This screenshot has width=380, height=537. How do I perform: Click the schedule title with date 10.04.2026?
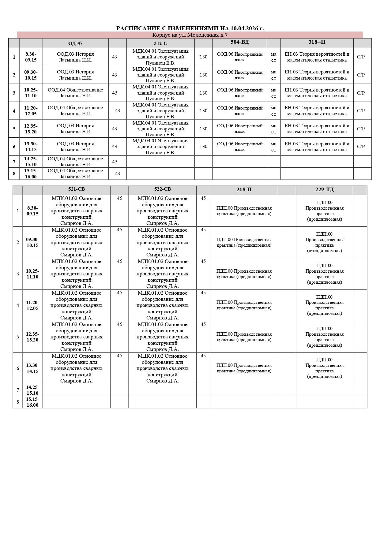coord(190,28)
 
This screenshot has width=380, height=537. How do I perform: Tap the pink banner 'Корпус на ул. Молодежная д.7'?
coord(190,35)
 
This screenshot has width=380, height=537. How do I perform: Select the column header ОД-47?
coord(75,43)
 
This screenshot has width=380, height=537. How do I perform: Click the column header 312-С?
coord(160,43)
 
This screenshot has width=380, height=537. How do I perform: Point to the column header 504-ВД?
coord(239,42)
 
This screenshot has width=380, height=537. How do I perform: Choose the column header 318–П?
coord(317,42)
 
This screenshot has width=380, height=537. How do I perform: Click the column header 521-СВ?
coord(76,189)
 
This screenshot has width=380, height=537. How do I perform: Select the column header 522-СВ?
coord(162,189)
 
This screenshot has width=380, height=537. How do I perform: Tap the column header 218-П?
coord(244,190)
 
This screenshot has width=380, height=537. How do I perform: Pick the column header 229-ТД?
coord(325,190)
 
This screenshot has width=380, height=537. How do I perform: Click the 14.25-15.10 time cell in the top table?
coord(31,162)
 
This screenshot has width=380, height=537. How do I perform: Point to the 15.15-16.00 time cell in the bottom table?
coord(32,402)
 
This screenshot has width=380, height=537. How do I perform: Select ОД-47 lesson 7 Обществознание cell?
coord(75,162)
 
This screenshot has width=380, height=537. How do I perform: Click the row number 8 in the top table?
coord(14,173)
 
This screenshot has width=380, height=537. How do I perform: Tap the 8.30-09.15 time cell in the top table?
coord(31,57)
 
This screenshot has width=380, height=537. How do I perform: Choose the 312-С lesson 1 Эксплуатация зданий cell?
coord(160,57)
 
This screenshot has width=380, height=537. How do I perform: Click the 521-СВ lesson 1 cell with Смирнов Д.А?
coord(76,211)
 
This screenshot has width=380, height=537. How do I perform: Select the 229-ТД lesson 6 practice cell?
coord(325,368)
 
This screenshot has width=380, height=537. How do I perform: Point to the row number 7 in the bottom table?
coord(18,390)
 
